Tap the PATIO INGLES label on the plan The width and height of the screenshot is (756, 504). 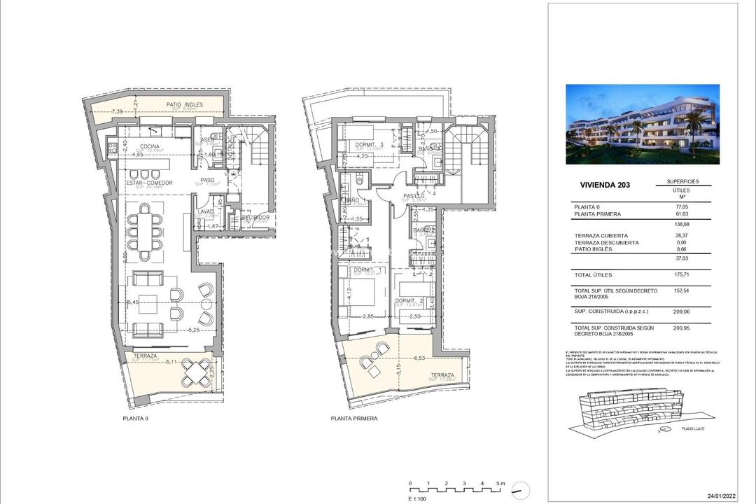coord(185,105)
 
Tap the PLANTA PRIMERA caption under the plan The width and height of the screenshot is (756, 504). coord(354,418)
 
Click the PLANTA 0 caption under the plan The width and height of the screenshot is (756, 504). coord(135,418)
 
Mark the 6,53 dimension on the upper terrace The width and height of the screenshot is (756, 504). coord(420,358)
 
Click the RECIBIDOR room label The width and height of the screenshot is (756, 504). coord(255,218)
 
